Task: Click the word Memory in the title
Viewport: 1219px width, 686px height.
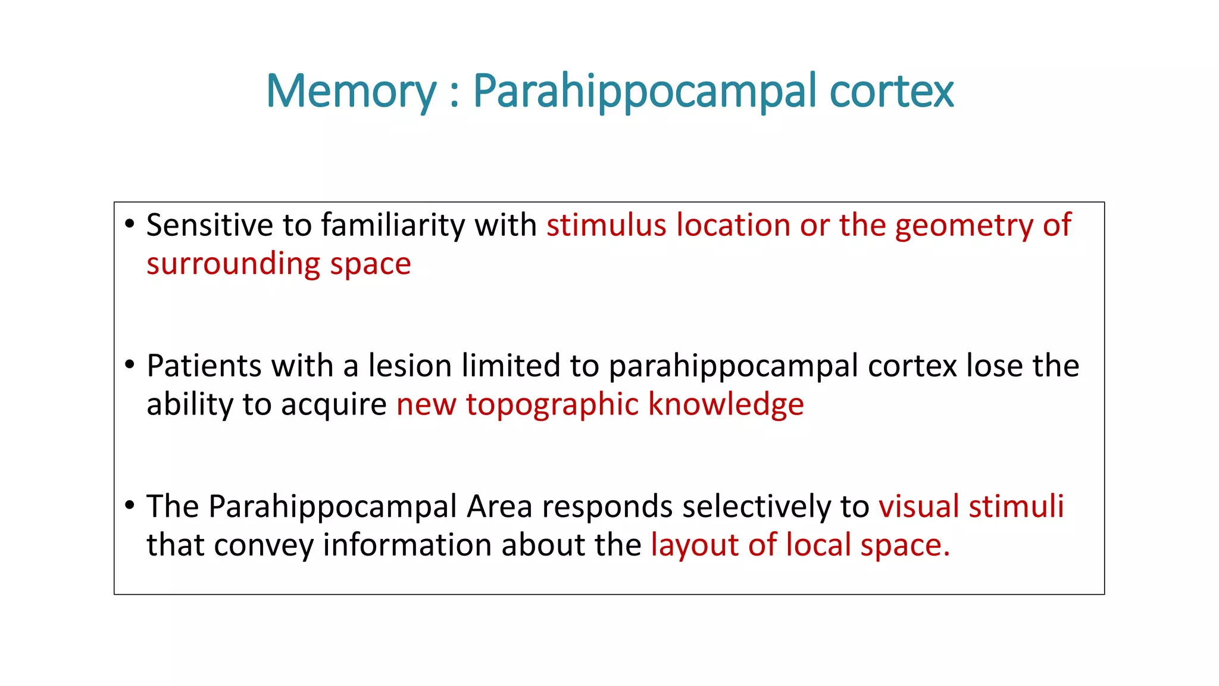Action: point(351,91)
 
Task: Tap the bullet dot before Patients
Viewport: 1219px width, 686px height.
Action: point(130,364)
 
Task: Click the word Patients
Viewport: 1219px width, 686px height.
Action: point(204,366)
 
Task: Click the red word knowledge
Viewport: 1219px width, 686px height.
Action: point(726,404)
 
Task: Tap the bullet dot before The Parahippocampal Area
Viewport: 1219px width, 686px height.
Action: point(130,505)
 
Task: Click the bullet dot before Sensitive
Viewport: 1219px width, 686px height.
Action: point(130,224)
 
